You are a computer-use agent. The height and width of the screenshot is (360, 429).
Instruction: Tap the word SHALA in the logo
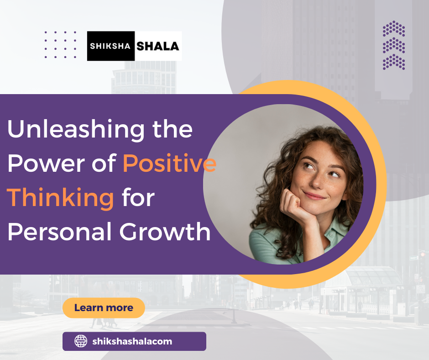click(x=158, y=46)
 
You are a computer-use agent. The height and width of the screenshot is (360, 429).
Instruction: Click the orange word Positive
click(x=169, y=164)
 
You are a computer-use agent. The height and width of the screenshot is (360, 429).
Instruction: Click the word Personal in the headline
click(x=58, y=232)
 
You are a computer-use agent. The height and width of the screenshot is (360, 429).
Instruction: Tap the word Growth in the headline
click(x=165, y=232)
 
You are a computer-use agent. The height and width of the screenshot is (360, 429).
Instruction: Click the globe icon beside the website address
click(x=80, y=341)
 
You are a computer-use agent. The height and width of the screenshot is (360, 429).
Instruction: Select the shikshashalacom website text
click(x=132, y=341)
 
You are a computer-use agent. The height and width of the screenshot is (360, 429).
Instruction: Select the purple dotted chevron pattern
click(x=394, y=46)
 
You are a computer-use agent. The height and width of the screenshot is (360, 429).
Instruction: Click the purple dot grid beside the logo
click(x=61, y=45)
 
